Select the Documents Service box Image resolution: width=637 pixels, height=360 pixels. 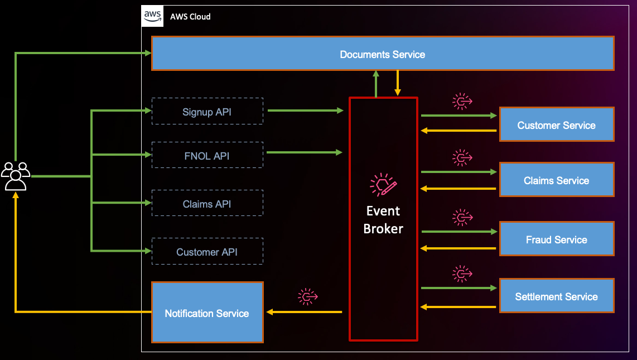coord(383,54)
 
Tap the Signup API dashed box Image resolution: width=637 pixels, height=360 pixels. coord(207,112)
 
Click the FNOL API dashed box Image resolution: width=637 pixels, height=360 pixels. coord(207,156)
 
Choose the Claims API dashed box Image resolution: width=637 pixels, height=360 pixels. coord(207,204)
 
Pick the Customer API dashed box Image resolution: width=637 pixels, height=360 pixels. coord(207,252)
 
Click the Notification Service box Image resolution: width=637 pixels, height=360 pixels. coord(207,313)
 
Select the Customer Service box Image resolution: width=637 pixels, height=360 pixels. coord(556,125)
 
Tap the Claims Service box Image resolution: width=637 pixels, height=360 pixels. coord(556,180)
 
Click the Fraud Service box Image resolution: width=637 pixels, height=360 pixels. coord(556,239)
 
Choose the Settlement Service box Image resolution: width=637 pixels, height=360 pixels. coord(556,296)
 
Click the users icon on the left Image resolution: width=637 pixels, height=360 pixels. coord(16,176)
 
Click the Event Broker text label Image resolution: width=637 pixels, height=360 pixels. coord(383,220)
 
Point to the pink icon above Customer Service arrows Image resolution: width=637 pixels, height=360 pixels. coord(462,101)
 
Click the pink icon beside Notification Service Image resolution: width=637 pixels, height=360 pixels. coord(307,297)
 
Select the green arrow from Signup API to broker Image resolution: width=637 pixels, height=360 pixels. coord(305,111)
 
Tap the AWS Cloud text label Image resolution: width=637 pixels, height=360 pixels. coord(191,17)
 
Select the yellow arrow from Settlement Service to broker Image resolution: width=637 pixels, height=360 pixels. coord(458,306)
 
